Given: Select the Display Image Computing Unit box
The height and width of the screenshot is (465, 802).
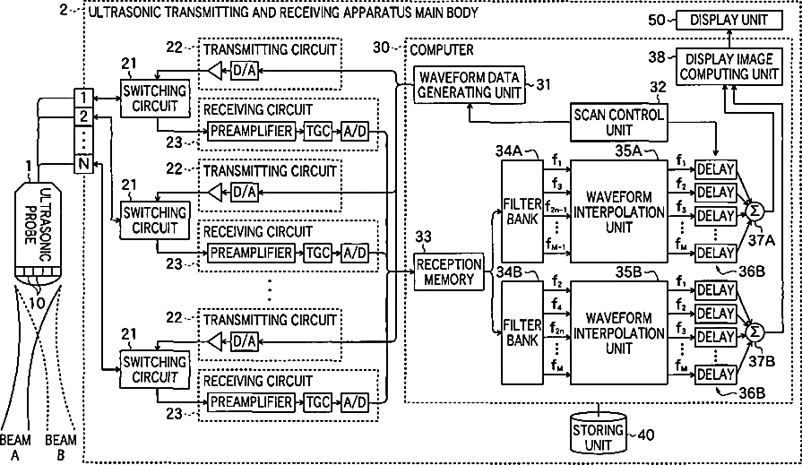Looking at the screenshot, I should pyautogui.click(x=729, y=66).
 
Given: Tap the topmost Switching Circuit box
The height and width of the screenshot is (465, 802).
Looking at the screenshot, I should pyautogui.click(x=153, y=98).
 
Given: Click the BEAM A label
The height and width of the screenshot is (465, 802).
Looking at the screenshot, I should pyautogui.click(x=14, y=445).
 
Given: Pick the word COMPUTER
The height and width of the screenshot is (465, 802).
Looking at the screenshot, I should pyautogui.click(x=443, y=50).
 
